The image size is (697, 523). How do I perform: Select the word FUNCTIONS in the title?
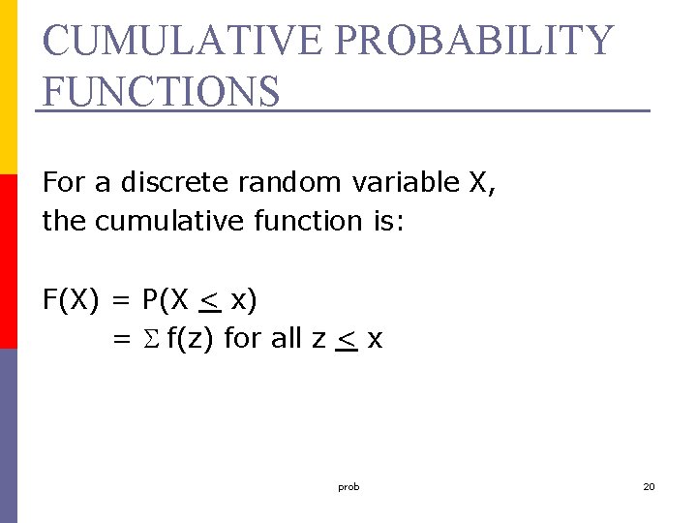pyautogui.click(x=162, y=91)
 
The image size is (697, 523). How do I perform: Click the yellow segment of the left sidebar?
pyautogui.click(x=9, y=87)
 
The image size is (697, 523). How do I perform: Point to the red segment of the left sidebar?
pyautogui.click(x=9, y=261)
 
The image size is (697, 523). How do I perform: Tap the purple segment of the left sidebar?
pyautogui.click(x=9, y=436)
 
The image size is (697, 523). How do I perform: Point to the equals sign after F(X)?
pyautogui.click(x=121, y=301)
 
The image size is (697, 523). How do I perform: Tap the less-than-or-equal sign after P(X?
pyautogui.click(x=209, y=303)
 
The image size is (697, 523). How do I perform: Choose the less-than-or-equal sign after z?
pyautogui.click(x=346, y=342)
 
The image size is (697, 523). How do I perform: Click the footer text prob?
pyautogui.click(x=348, y=487)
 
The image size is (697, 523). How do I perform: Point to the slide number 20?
pyautogui.click(x=649, y=487)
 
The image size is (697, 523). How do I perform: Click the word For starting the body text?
pyautogui.click(x=62, y=182)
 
